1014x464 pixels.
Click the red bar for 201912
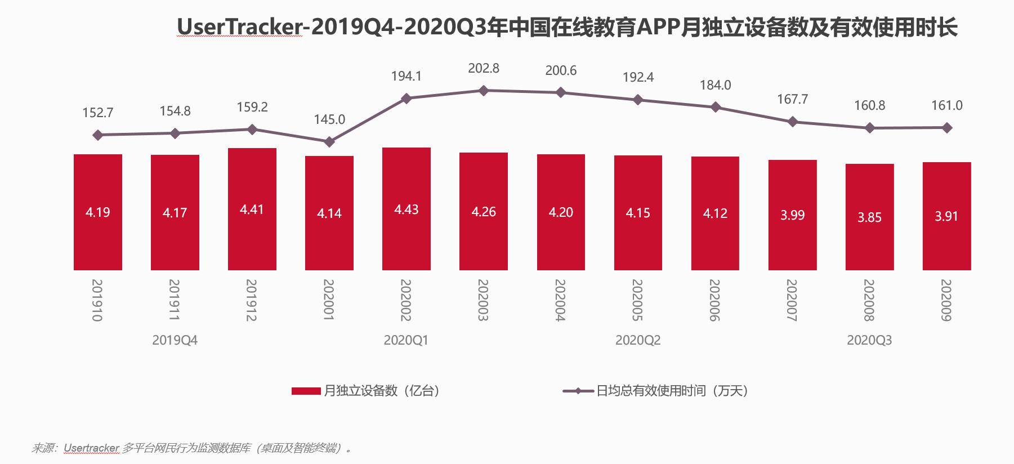[252, 237]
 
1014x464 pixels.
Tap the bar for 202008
[869, 242]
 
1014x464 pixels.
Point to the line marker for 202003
[483, 90]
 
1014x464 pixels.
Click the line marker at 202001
[329, 142]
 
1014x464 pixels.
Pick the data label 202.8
[483, 68]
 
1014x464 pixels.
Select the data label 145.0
[329, 119]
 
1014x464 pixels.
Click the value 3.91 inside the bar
[946, 216]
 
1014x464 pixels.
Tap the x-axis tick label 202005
[637, 300]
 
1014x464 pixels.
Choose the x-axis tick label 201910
[97, 300]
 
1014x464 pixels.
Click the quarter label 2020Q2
[637, 340]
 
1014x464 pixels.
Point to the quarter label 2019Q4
[175, 340]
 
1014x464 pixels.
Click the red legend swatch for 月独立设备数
[306, 391]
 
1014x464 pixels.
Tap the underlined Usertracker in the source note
[91, 448]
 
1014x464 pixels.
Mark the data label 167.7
[792, 99]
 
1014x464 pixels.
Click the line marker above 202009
[946, 128]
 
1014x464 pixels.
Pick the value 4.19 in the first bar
[97, 212]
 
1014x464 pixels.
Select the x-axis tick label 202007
[792, 300]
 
